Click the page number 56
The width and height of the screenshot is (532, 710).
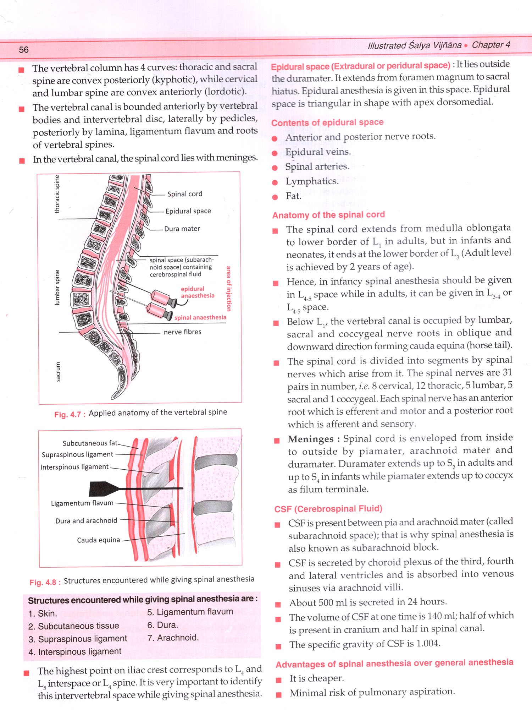pyautogui.click(x=24, y=50)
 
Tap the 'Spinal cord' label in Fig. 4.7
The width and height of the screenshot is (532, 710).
pyautogui.click(x=184, y=194)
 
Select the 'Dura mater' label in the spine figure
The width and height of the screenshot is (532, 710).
pyautogui.click(x=182, y=229)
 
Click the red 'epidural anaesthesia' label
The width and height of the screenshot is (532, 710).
pyautogui.click(x=198, y=292)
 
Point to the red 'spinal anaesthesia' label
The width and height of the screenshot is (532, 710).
pyautogui.click(x=200, y=317)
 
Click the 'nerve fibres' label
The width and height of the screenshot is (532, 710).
pyautogui.click(x=182, y=332)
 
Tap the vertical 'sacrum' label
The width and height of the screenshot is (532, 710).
pyautogui.click(x=58, y=372)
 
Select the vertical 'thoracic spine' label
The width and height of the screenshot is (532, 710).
pyautogui.click(x=57, y=194)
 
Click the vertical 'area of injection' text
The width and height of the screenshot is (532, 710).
pyautogui.click(x=229, y=289)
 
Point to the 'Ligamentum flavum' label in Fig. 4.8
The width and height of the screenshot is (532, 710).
pyautogui.click(x=82, y=503)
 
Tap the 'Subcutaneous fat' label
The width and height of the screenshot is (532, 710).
pyautogui.click(x=90, y=443)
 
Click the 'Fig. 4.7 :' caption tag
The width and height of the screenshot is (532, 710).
pyautogui.click(x=70, y=414)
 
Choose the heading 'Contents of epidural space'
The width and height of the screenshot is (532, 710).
pyautogui.click(x=327, y=122)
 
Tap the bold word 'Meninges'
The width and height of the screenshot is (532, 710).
pyautogui.click(x=311, y=439)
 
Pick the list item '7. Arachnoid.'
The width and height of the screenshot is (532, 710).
pyautogui.click(x=173, y=638)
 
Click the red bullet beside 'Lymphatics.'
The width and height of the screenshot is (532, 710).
pyautogui.click(x=275, y=182)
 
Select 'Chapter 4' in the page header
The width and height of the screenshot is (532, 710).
pyautogui.click(x=491, y=45)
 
